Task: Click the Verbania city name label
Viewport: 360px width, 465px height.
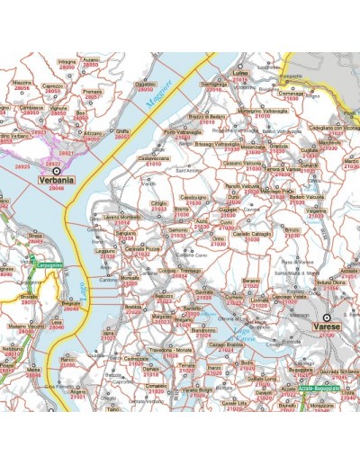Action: click(57, 180)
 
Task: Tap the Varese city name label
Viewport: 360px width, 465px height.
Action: click(322, 329)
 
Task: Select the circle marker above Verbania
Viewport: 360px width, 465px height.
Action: click(57, 169)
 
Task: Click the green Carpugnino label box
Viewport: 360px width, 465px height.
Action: click(49, 265)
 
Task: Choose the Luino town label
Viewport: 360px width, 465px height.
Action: click(239, 73)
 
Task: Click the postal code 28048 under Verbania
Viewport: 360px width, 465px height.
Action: click(57, 188)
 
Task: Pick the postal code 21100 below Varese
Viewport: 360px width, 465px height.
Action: click(322, 337)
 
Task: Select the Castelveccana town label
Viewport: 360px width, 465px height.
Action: click(154, 159)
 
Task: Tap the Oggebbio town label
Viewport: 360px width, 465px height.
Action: click(145, 84)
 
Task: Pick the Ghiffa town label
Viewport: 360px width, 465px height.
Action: click(122, 130)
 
